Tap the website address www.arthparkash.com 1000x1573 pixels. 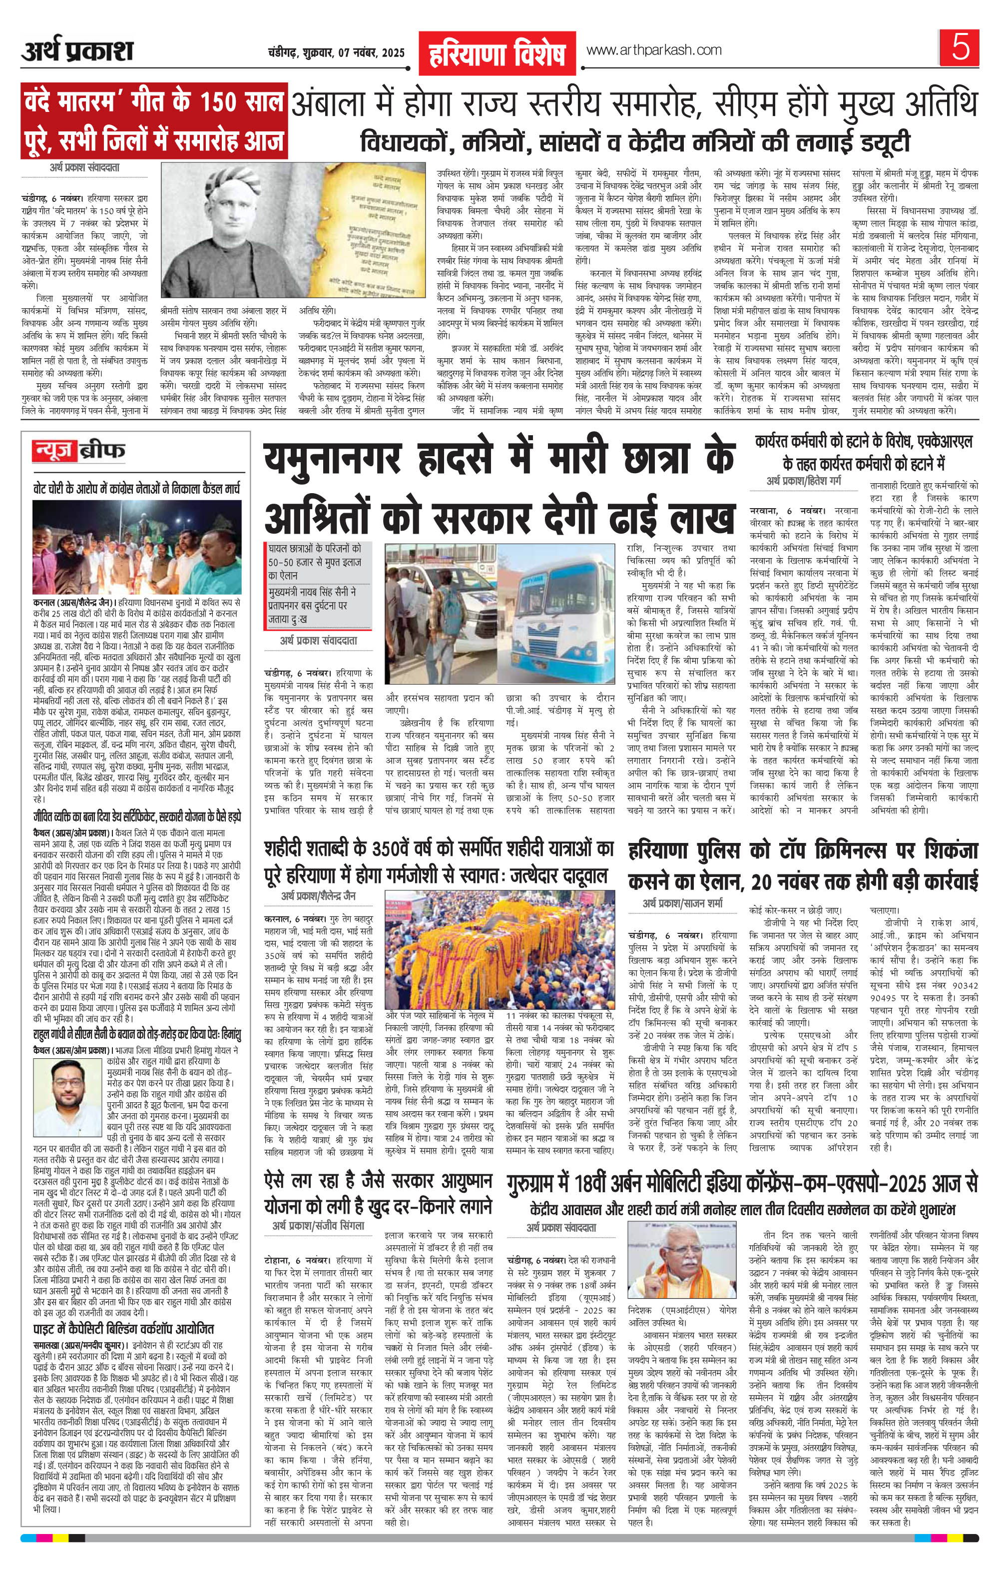(x=654, y=50)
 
